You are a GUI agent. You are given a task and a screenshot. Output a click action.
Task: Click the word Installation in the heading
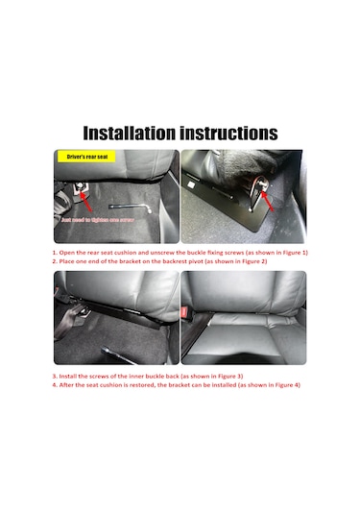[129, 133]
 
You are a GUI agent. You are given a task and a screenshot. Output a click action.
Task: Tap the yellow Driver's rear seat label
[86, 156]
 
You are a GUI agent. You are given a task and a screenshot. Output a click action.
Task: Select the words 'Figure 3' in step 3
[226, 376]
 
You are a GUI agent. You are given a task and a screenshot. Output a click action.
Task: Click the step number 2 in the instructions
[54, 261]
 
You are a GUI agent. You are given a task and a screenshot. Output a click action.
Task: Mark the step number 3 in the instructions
[54, 376]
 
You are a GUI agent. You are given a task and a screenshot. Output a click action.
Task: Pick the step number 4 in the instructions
[54, 385]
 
